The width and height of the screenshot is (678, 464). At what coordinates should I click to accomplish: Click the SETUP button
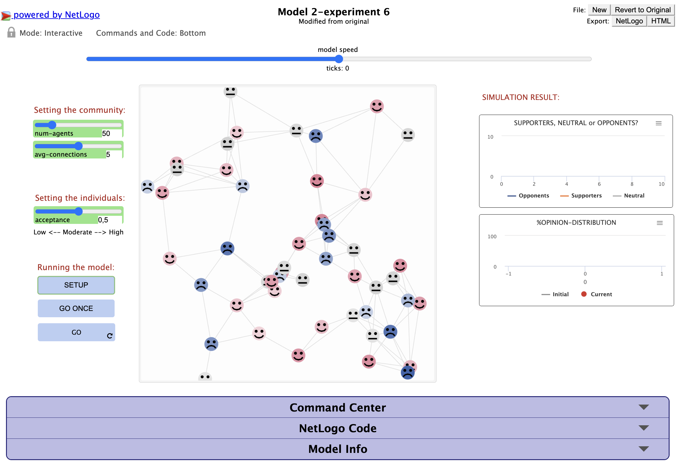click(x=76, y=285)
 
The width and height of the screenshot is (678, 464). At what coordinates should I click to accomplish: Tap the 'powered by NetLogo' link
click(x=57, y=14)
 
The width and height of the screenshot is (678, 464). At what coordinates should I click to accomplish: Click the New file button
click(x=599, y=10)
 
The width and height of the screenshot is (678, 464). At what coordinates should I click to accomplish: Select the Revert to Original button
click(x=643, y=10)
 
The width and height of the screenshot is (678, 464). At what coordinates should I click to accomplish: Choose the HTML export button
click(x=661, y=21)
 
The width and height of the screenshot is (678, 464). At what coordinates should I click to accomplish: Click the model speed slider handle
click(x=339, y=59)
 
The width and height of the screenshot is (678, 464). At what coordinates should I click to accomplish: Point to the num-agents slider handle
click(x=52, y=125)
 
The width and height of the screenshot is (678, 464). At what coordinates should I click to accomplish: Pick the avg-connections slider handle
click(x=78, y=146)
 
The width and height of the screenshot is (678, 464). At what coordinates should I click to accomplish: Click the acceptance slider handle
click(x=79, y=211)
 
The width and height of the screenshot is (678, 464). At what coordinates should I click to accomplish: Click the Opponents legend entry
click(x=528, y=196)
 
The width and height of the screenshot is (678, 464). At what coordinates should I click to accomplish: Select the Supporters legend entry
click(x=581, y=196)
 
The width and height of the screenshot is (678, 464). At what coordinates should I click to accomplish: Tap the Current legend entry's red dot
click(x=584, y=294)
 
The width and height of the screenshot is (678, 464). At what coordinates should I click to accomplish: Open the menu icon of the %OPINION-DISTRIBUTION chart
click(x=660, y=223)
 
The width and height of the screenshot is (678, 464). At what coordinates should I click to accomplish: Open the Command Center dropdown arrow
click(x=644, y=407)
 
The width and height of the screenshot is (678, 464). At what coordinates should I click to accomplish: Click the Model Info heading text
click(x=338, y=449)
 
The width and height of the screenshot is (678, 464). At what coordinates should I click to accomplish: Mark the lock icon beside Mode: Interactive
click(x=11, y=32)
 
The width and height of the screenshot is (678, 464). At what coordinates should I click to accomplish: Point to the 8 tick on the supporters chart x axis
click(x=632, y=184)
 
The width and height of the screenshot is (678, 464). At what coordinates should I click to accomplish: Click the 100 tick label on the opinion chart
click(x=492, y=237)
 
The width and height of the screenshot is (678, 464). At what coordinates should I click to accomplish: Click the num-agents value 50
click(x=106, y=134)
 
